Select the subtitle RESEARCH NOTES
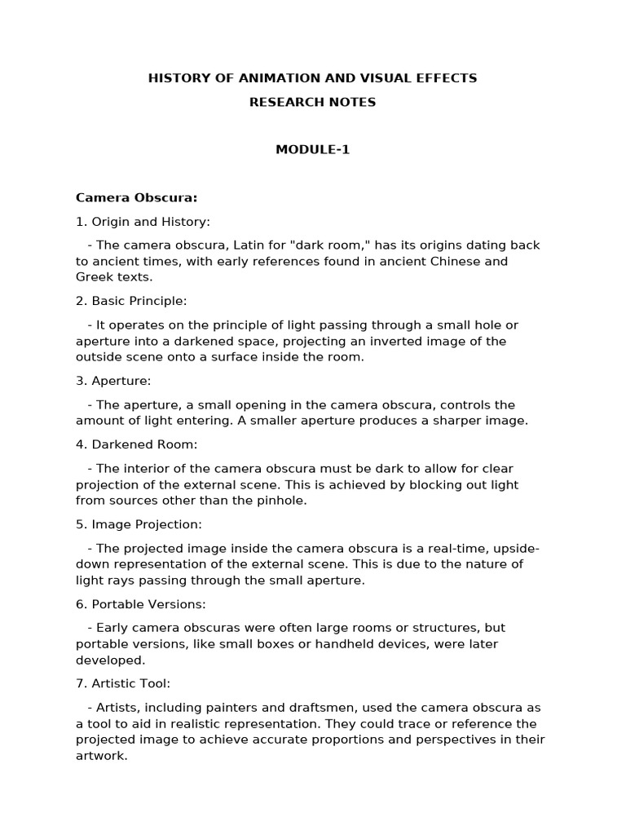click(312, 102)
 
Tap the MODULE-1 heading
click(312, 149)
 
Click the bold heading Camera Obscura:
click(137, 197)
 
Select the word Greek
click(94, 277)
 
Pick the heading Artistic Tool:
click(130, 683)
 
